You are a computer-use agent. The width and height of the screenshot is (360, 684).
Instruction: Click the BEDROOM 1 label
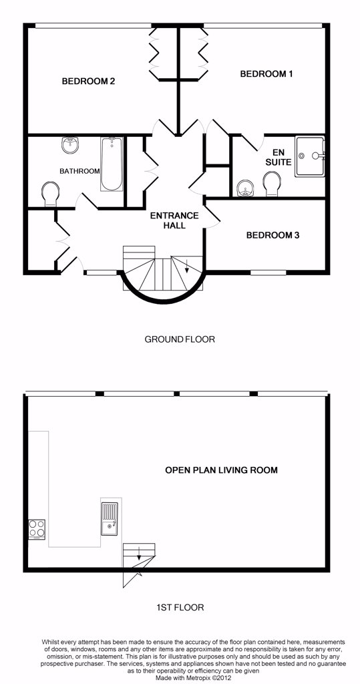coord(266,73)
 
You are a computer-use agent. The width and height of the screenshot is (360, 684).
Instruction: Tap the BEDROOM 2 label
coord(88,81)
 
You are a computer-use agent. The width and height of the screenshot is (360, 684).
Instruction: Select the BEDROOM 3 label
coord(273,235)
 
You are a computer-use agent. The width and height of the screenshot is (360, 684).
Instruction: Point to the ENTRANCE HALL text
coord(174,220)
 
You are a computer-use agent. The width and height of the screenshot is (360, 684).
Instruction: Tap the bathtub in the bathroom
coord(111,164)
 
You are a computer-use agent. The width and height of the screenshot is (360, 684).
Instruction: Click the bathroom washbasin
coord(70,145)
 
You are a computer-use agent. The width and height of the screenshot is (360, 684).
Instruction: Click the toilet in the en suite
coord(272,184)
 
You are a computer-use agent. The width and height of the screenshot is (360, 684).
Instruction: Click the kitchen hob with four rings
coord(37,528)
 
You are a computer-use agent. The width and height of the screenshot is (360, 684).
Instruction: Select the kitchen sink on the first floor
coord(110,518)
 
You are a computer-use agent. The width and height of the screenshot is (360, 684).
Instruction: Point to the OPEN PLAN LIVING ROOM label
coord(221,470)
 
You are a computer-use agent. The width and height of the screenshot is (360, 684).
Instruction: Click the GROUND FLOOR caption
coord(180,339)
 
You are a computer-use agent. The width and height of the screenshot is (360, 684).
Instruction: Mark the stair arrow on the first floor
coord(139,553)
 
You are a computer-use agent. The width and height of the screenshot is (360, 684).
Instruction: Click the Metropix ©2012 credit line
coord(180,678)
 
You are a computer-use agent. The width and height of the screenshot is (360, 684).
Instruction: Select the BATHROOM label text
coord(79,171)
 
